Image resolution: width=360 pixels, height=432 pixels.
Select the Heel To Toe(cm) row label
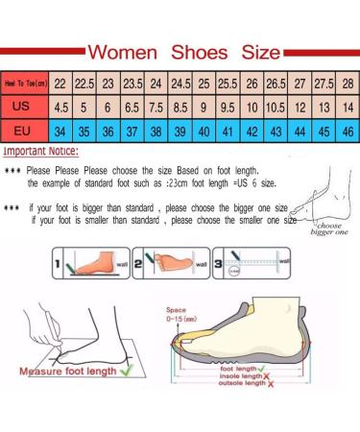point(26,83)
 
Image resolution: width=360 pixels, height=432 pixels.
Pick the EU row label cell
point(26,130)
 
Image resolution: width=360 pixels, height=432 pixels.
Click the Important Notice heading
point(42,152)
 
